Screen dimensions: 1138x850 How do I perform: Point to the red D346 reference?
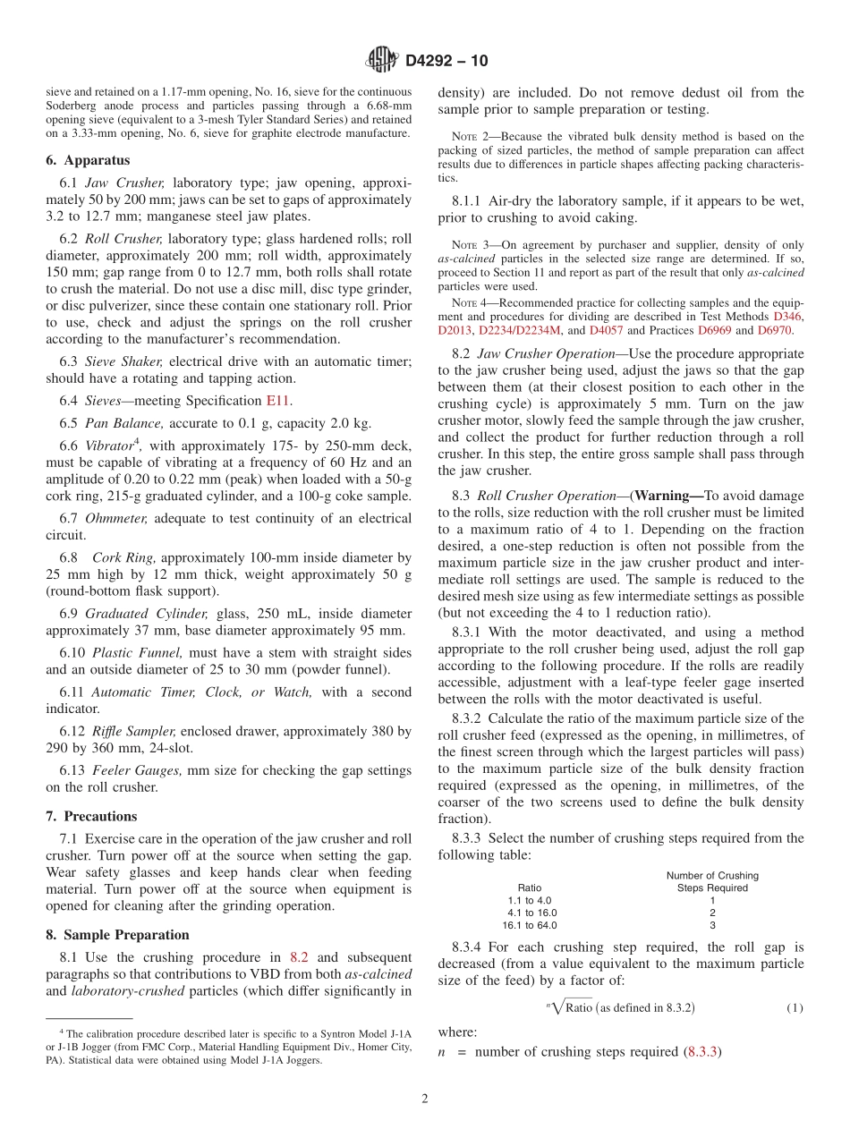pos(788,317)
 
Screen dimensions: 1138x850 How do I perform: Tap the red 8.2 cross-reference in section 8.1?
pos(300,957)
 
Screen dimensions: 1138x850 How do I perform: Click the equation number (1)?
pos(795,1007)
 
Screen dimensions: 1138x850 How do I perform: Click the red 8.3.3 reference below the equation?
pos(703,1052)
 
